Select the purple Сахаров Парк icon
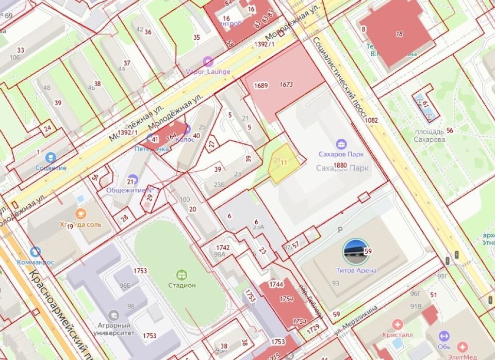[340, 144]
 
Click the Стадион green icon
[181, 274]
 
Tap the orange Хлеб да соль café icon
[80, 214]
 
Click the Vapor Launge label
[208, 71]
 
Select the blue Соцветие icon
[51, 157]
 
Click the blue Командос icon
[35, 252]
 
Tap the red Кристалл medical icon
[397, 324]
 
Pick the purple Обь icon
[443, 336]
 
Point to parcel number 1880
[340, 165]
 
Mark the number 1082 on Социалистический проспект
[371, 121]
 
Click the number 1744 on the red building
[276, 284]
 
